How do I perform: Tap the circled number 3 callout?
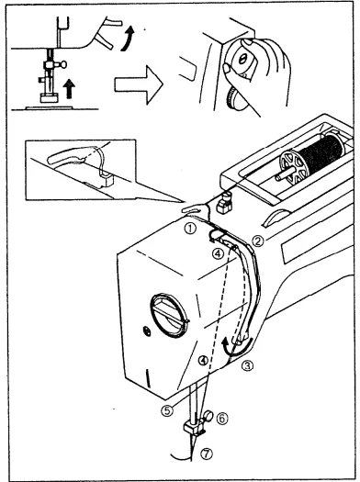[248, 364]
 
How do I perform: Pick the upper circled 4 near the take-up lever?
[218, 253]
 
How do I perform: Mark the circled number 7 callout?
[206, 454]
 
